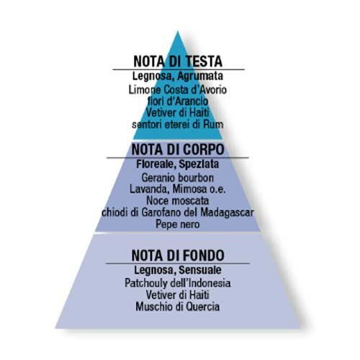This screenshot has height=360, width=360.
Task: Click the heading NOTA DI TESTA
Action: (x=178, y=61)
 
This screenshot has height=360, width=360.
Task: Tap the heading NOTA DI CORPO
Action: (x=178, y=150)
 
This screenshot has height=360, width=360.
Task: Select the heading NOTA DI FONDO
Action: (x=178, y=255)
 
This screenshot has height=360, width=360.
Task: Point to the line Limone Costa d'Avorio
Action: (x=178, y=90)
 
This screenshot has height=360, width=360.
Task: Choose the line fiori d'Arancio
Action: (x=178, y=102)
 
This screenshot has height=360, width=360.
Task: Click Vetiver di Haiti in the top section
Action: (x=178, y=113)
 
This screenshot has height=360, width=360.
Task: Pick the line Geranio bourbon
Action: (x=178, y=178)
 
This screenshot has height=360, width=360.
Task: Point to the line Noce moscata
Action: (x=178, y=201)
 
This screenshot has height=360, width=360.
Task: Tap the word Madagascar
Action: (x=227, y=212)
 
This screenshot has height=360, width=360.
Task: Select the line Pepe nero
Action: (x=178, y=225)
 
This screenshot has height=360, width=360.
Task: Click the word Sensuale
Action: (x=200, y=270)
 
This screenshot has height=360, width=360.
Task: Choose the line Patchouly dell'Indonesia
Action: (x=178, y=283)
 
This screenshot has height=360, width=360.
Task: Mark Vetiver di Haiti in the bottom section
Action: (x=178, y=295)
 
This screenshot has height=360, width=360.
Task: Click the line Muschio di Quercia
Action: (x=178, y=307)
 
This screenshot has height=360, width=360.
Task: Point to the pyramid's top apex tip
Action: (x=178, y=32)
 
